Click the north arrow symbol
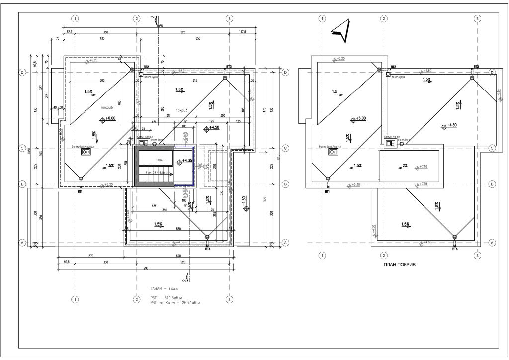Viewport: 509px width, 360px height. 341,30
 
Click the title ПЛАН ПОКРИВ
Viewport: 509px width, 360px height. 399,266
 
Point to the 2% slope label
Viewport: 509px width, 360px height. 405,166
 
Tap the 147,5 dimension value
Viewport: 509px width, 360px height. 243,31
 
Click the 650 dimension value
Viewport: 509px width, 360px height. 198,38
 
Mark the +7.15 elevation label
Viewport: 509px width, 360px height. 423,184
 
